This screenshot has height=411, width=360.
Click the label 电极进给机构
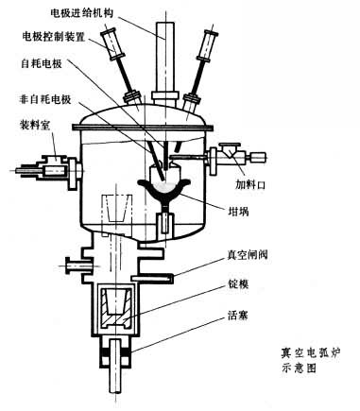click(82, 13)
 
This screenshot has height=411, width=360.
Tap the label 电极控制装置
click(54, 37)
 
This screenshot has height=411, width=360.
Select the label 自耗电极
click(42, 64)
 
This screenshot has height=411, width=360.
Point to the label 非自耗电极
click(45, 100)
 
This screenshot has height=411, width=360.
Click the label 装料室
click(35, 126)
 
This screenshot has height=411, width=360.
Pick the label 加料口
click(250, 185)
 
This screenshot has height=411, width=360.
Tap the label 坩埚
click(238, 212)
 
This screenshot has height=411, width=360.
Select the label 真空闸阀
click(248, 254)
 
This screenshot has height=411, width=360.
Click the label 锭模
click(238, 284)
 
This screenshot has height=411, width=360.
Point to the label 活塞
click(238, 316)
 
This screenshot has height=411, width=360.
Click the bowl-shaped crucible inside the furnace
click(164, 191)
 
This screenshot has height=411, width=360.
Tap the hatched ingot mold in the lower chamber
click(115, 307)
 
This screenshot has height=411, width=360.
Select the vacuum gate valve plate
click(152, 278)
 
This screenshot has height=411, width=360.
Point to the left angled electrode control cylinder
click(112, 44)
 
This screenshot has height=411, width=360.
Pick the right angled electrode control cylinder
click(208, 46)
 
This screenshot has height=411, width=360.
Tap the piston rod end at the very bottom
click(115, 390)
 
